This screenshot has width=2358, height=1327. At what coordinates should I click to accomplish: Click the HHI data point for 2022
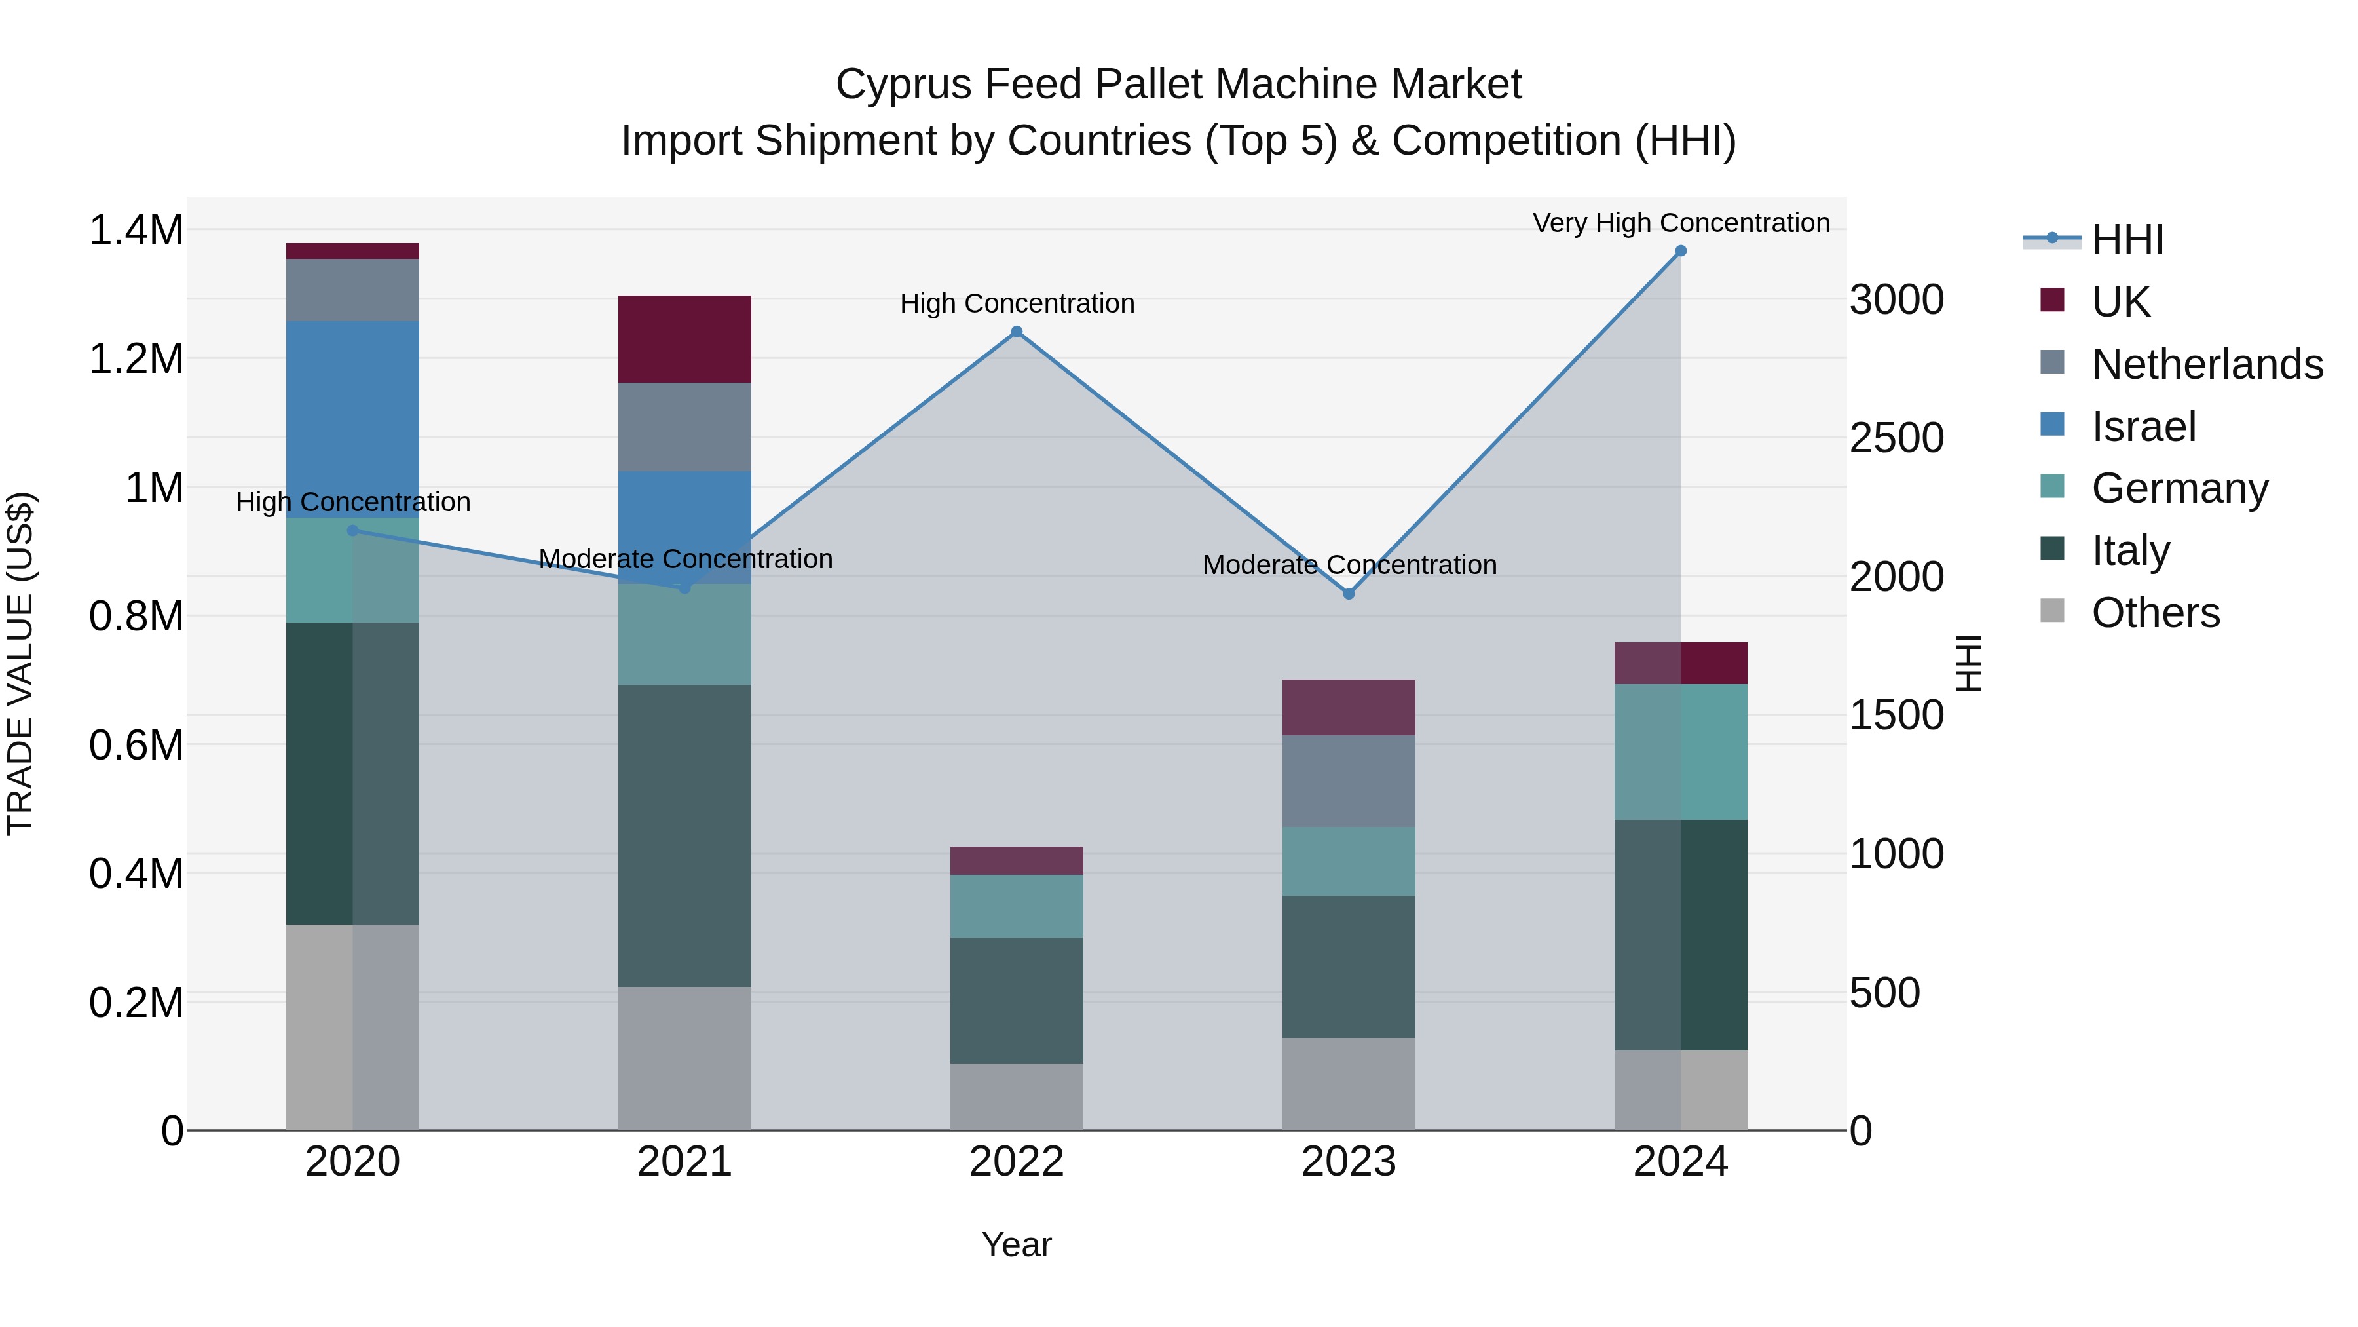(1016, 332)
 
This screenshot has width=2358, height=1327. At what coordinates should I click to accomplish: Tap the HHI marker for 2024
(1681, 251)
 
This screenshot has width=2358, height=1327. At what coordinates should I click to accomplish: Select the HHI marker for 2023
(1349, 594)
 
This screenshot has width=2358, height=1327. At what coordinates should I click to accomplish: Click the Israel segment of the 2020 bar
(352, 419)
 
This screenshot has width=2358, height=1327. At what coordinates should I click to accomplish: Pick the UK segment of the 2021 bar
(684, 339)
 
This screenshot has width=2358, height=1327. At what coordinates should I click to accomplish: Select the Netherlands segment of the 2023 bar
(1349, 780)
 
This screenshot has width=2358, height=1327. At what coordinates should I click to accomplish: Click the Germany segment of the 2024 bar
(1681, 751)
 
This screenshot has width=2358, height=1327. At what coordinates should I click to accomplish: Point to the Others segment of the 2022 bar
(1016, 1096)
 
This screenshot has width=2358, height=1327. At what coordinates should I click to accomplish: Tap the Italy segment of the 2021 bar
(684, 836)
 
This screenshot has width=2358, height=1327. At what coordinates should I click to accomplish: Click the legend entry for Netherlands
(2207, 364)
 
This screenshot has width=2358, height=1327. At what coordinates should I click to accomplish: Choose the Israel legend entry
(2143, 426)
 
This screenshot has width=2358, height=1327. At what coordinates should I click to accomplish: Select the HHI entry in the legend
(2127, 240)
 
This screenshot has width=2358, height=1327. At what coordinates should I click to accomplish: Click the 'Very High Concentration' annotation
(1681, 223)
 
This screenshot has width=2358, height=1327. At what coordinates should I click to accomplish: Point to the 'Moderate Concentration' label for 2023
(1349, 565)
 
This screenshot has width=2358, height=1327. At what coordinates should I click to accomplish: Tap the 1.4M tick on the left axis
(136, 230)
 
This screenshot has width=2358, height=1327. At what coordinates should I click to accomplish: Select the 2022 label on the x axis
(1016, 1162)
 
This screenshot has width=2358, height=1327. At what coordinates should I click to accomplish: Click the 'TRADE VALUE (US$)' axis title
(20, 663)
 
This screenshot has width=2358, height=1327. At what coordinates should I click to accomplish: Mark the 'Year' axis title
(1016, 1244)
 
